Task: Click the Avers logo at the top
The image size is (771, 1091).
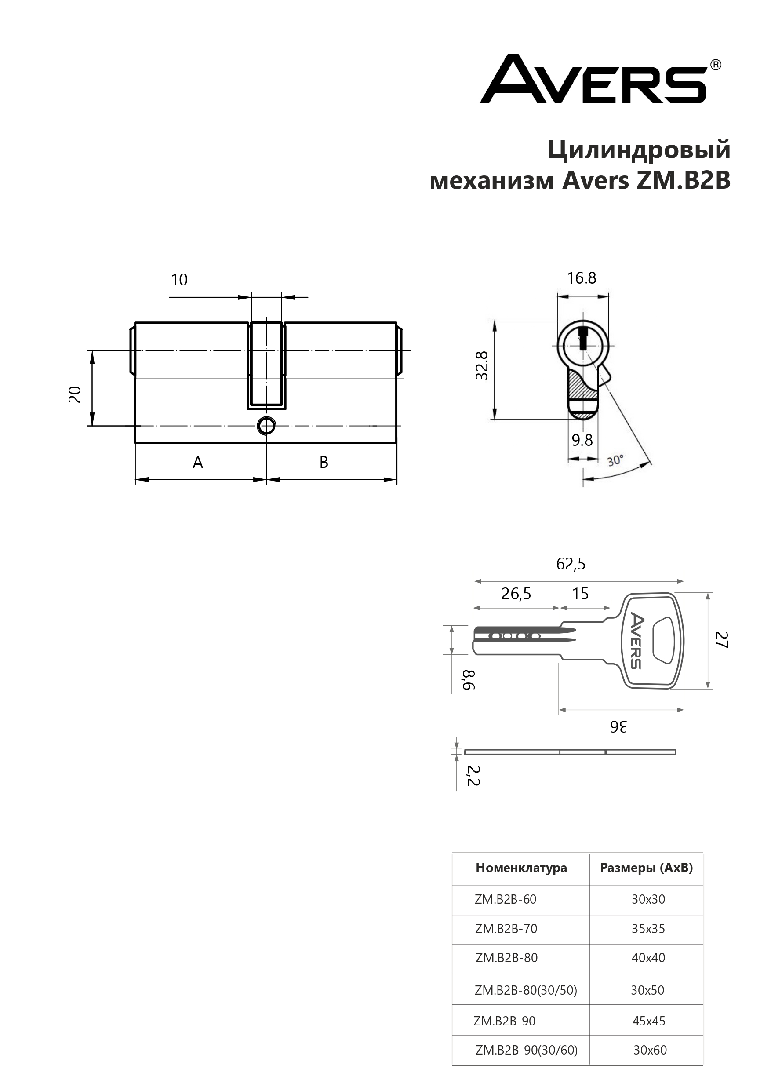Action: pos(600,79)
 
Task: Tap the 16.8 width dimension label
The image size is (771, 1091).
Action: pos(582,278)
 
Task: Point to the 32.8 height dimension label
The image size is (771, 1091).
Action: pos(482,365)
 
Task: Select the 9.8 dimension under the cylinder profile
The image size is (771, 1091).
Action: pos(582,441)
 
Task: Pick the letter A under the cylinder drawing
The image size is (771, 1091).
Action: pos(198,462)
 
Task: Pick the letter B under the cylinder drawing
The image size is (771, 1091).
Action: pos(324,462)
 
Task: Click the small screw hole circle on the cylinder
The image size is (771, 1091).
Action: pos(266,426)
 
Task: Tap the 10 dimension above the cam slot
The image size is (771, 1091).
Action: pos(179,280)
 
